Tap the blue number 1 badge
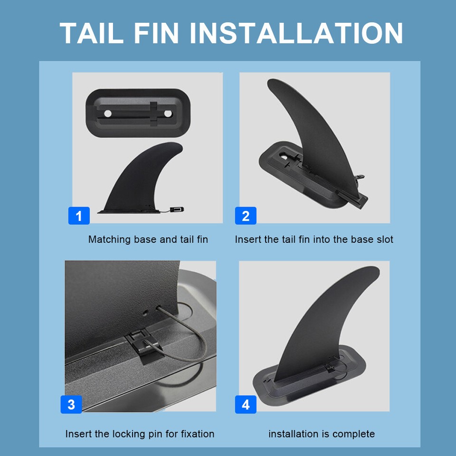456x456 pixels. pos(79,216)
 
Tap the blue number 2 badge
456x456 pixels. pos(246,216)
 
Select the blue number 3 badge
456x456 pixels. pos(71,404)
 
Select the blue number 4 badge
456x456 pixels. pos(246,404)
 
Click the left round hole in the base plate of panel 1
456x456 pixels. pos(107,114)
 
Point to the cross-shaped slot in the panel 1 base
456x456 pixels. pos(154,114)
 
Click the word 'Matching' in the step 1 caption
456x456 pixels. pos(109,239)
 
